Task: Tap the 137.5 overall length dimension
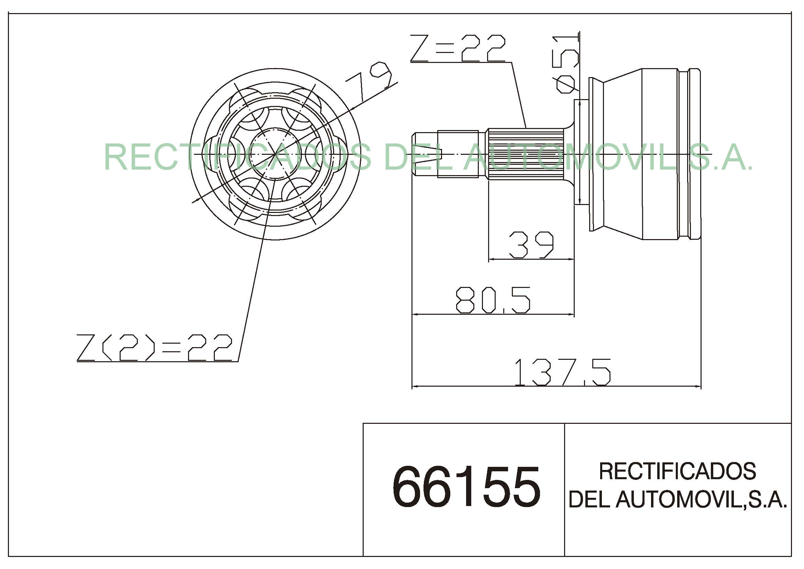pos(563,373)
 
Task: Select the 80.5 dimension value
pos(493,300)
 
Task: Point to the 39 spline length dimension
pos(531,245)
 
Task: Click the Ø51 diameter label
pos(564,64)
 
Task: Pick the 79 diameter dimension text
pos(369,81)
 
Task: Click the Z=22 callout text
pos(458,48)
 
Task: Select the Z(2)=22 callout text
pos(154,347)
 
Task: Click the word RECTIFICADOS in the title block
pos(678,471)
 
